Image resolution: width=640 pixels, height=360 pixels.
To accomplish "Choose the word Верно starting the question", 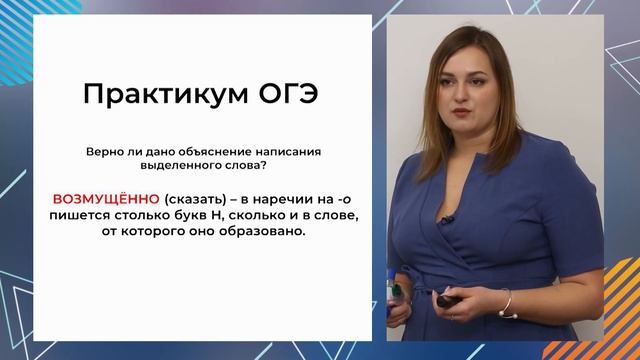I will click(x=108, y=150).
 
